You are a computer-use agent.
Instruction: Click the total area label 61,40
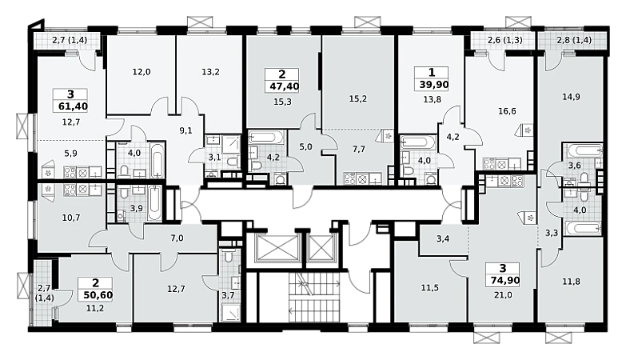coord(70,106)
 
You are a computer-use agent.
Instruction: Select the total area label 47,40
coord(282,86)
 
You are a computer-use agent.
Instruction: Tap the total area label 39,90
coord(432,85)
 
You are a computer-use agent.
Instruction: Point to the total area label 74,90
coord(503,281)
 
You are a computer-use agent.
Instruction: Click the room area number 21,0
coord(503,295)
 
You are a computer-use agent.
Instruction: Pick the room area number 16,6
coord(507,111)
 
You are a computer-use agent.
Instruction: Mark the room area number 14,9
coord(571,97)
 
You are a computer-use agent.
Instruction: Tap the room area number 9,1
coord(185,130)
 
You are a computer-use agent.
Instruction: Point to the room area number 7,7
coord(358,149)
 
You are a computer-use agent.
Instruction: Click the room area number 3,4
coord(443,239)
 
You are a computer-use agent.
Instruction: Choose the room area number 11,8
coord(572,282)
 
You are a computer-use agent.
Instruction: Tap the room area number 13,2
coord(210,72)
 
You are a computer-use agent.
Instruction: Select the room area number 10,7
coord(71,218)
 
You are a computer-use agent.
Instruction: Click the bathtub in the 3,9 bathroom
coord(154,203)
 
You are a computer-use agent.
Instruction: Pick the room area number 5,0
coord(305,146)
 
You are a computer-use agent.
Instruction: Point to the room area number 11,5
coord(430,287)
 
